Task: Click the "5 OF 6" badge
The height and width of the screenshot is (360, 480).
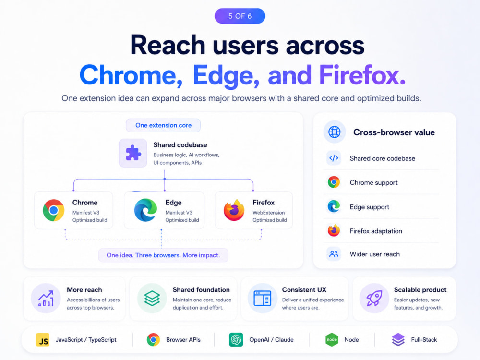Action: coord(240,16)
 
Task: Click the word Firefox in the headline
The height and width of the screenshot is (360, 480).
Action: coord(362,75)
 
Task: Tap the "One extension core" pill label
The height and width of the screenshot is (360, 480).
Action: coord(163,125)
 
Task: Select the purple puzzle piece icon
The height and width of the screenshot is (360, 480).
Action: coord(133,153)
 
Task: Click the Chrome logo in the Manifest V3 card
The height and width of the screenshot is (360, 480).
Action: coord(54,210)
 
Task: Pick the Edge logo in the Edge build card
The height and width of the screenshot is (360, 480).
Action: coord(145,210)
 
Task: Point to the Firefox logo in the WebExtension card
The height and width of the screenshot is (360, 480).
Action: coord(234,210)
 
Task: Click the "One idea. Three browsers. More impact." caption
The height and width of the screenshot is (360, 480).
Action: coord(163,255)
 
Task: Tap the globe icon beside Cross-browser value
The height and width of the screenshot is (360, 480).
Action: coord(334,132)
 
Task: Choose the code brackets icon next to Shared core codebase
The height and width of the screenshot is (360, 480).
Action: coord(334,158)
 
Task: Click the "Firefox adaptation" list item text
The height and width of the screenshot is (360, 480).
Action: coord(376,231)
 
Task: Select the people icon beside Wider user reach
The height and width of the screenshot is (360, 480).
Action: coord(334,254)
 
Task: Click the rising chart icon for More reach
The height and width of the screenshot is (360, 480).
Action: coord(46,299)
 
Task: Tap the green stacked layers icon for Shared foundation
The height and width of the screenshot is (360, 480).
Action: coord(152,299)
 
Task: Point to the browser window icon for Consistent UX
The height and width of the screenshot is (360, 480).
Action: coord(263,299)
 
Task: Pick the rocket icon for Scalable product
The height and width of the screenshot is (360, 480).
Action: coord(374,299)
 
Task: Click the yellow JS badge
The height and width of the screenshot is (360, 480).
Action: coord(43,340)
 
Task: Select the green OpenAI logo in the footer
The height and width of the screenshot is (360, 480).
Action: coord(236,340)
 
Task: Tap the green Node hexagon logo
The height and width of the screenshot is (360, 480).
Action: coord(332,340)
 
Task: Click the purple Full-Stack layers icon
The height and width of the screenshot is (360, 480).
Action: coord(398,340)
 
